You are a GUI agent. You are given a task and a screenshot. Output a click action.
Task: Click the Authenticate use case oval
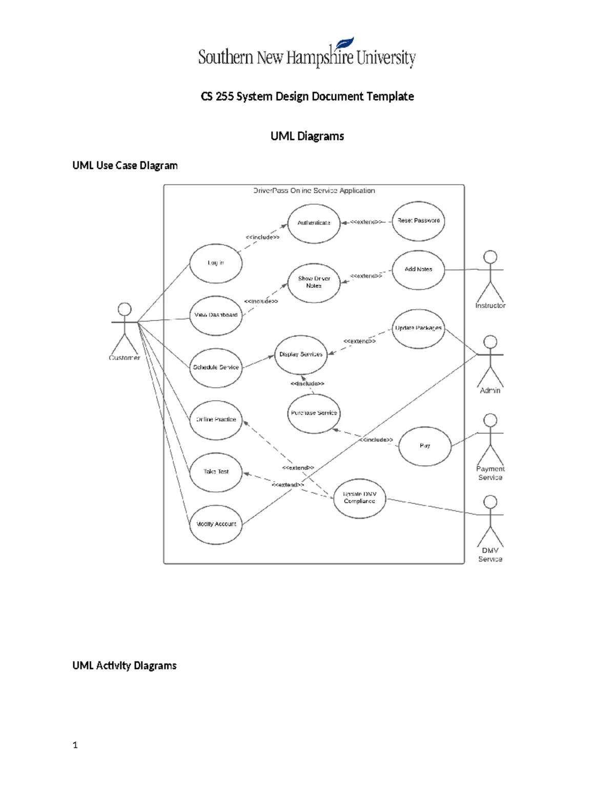(x=314, y=223)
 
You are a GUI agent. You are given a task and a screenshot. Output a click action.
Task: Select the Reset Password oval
(x=418, y=221)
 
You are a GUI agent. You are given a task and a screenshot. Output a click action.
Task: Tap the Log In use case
(x=216, y=263)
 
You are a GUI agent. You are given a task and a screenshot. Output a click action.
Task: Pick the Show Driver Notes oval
(x=314, y=283)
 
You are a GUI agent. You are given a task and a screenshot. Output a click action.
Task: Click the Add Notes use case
(x=418, y=270)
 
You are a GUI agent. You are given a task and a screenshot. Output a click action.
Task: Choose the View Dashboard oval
(x=216, y=315)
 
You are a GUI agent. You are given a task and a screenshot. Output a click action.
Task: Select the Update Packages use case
(x=418, y=328)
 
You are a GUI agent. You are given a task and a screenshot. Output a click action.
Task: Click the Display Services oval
(x=301, y=355)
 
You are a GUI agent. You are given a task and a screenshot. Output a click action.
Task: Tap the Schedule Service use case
(x=216, y=368)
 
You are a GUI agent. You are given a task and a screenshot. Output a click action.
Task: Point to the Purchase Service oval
(x=314, y=413)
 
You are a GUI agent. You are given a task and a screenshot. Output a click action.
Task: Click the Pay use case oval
(x=425, y=446)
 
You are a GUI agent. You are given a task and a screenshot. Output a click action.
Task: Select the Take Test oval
(x=216, y=472)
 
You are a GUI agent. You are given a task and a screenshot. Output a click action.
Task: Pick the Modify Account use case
(x=216, y=524)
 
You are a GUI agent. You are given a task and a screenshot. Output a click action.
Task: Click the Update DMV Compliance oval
(x=359, y=498)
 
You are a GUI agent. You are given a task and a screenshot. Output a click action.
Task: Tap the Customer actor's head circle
(x=125, y=309)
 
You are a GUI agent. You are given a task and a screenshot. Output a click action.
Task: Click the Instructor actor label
(x=490, y=306)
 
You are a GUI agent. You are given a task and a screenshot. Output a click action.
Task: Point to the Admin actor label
(x=490, y=391)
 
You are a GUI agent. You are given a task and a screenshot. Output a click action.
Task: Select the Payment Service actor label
(x=490, y=473)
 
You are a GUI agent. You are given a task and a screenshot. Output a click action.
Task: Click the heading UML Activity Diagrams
(x=125, y=665)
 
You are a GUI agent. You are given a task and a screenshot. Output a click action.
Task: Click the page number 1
(x=75, y=745)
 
